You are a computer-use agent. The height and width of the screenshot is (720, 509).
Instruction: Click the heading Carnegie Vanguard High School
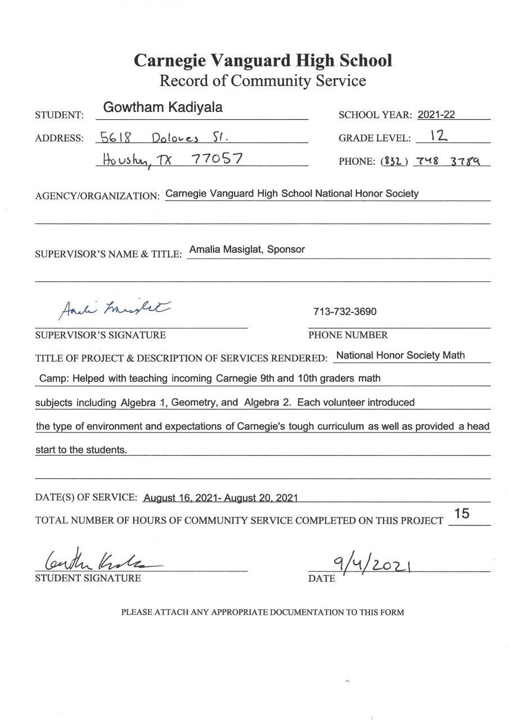pyautogui.click(x=263, y=60)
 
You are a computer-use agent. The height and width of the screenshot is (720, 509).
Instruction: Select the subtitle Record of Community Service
pyautogui.click(x=263, y=81)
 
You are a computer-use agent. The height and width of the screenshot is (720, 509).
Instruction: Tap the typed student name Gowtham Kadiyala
pyautogui.click(x=163, y=108)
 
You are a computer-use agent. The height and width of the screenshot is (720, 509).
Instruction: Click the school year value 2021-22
pyautogui.click(x=436, y=115)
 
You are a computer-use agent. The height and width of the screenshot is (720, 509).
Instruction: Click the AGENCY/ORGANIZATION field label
pyautogui.click(x=97, y=196)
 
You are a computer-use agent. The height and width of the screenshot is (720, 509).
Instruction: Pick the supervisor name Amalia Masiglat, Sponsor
pyautogui.click(x=247, y=249)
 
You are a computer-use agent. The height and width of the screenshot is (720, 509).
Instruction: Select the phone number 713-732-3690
pyautogui.click(x=345, y=312)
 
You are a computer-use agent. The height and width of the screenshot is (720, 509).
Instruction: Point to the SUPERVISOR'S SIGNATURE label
pyautogui.click(x=100, y=335)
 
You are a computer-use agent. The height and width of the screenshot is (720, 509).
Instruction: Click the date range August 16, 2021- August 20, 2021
pyautogui.click(x=220, y=498)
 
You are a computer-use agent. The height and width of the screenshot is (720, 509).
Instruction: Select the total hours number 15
pyautogui.click(x=462, y=514)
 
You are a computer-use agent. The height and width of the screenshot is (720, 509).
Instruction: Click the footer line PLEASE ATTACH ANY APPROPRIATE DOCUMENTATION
pyautogui.click(x=263, y=612)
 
